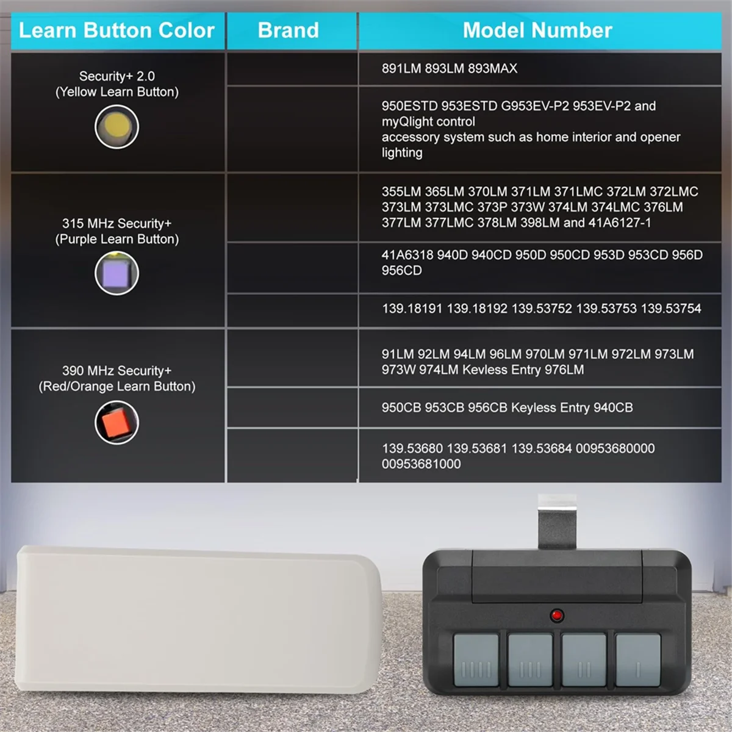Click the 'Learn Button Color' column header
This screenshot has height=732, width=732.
(x=117, y=30)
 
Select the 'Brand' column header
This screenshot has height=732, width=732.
(x=288, y=30)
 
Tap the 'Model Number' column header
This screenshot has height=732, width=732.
(x=537, y=30)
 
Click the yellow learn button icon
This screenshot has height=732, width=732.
(x=117, y=126)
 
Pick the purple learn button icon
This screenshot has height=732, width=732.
(x=117, y=273)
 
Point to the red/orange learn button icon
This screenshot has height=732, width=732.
(x=117, y=422)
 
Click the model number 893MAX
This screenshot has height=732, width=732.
(x=492, y=69)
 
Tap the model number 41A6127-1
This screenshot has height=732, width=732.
(x=619, y=223)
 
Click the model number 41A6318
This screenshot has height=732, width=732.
(x=407, y=255)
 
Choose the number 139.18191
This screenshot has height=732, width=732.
(x=412, y=309)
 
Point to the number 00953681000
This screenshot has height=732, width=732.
(x=421, y=464)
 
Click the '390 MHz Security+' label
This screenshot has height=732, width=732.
(x=117, y=371)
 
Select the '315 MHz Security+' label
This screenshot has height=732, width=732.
(x=117, y=223)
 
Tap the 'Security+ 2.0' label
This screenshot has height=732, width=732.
(x=117, y=76)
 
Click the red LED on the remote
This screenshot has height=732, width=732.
(x=556, y=615)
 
